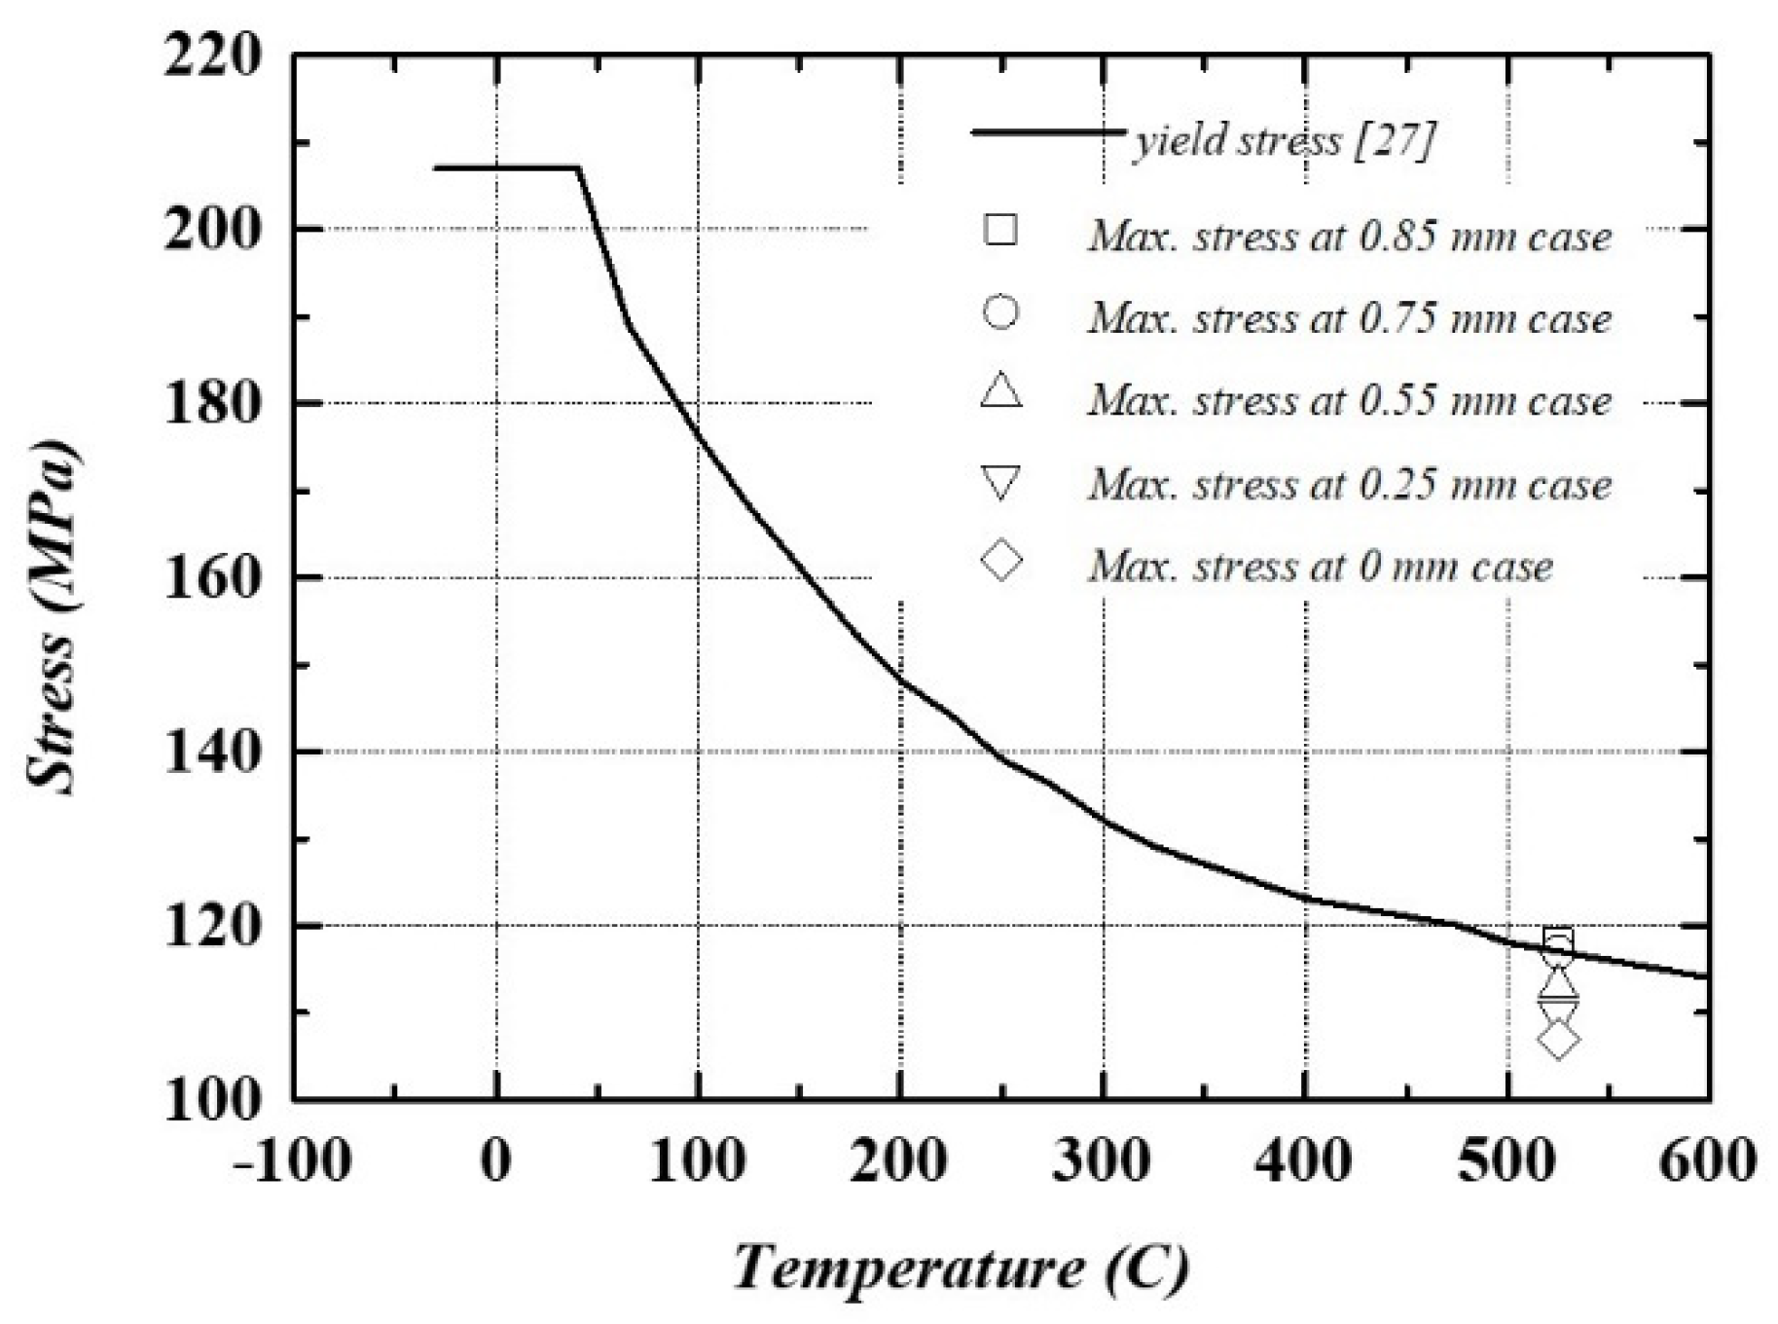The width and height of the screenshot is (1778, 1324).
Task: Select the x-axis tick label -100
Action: tap(292, 1160)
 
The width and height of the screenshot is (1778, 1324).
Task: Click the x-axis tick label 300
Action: tap(1102, 1160)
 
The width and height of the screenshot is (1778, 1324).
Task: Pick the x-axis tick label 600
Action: tap(1708, 1160)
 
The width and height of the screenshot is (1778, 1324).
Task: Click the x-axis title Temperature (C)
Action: tap(960, 1269)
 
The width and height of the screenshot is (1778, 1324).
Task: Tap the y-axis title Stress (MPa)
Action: tap(54, 619)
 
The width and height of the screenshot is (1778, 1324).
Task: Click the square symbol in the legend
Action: tap(1000, 230)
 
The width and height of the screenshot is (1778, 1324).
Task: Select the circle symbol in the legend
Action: tap(1000, 313)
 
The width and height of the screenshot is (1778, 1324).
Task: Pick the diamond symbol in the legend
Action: tap(1001, 562)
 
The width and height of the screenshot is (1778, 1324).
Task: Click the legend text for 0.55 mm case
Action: tap(1349, 401)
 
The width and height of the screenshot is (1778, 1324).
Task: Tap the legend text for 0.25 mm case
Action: tap(1349, 484)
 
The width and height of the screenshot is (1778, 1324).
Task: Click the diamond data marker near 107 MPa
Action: tap(1558, 1040)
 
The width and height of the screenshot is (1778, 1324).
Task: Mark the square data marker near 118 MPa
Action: tap(1558, 940)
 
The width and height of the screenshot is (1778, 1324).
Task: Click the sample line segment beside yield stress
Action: tap(1048, 131)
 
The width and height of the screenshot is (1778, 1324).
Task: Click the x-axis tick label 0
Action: tap(496, 1160)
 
